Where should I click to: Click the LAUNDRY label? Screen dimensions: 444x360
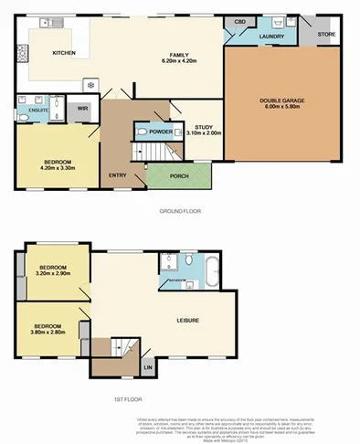pyautogui.click(x=270, y=37)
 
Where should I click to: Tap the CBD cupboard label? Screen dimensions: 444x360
pyautogui.click(x=240, y=20)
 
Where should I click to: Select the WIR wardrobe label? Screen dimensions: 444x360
pyautogui.click(x=82, y=109)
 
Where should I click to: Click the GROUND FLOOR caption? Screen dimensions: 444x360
pyautogui.click(x=179, y=212)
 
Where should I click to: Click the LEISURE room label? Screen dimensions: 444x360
pyautogui.click(x=188, y=320)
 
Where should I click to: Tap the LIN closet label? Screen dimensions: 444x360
pyautogui.click(x=149, y=367)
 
